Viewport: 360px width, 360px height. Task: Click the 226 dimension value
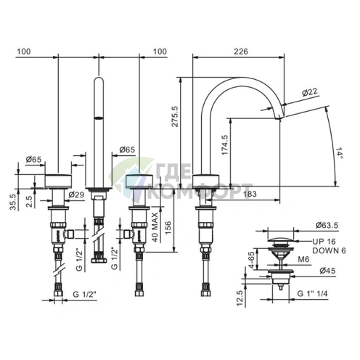click(241, 52)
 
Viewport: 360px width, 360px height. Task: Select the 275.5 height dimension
click(174, 116)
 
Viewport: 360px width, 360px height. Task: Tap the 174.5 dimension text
click(225, 144)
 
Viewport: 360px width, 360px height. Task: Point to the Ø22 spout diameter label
click(310, 92)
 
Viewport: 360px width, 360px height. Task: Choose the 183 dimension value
click(250, 194)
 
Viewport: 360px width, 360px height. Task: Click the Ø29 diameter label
click(76, 195)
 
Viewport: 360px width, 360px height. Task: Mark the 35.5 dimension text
click(13, 202)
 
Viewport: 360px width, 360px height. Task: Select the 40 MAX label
click(155, 227)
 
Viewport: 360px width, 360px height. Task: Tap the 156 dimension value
click(168, 227)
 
